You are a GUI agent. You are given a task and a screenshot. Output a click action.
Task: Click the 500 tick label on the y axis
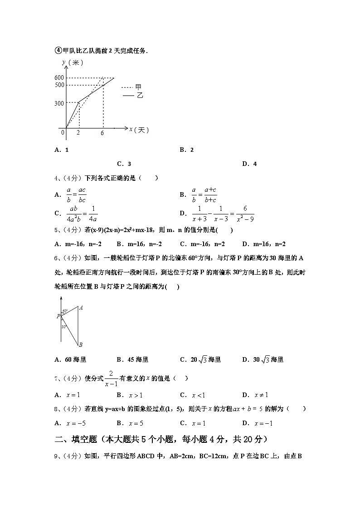click(x=59, y=85)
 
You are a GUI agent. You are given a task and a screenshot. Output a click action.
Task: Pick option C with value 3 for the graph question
click(x=124, y=164)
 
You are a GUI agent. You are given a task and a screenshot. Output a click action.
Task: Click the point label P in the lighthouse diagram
click(x=58, y=316)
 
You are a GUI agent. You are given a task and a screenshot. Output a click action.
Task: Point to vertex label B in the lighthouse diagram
click(x=80, y=345)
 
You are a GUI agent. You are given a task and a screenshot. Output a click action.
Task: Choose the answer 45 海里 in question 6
click(x=132, y=360)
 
